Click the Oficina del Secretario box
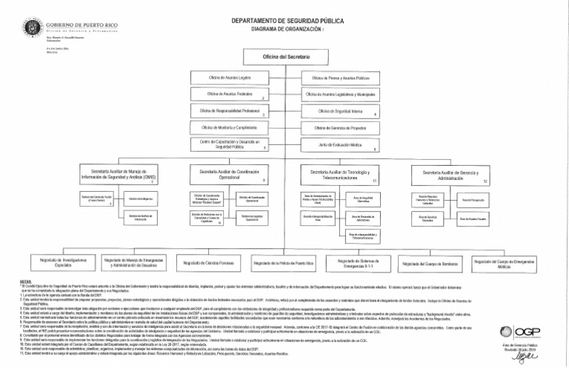pos(284,57)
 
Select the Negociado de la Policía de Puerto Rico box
pos(283,264)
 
